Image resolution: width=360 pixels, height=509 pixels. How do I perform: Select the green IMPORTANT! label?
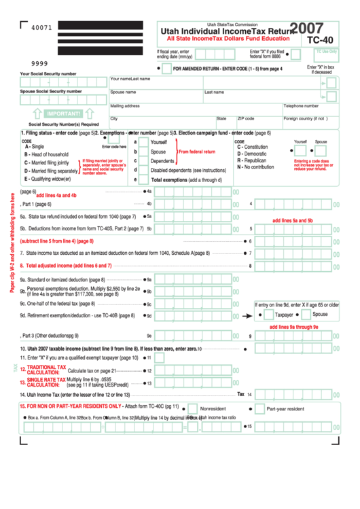click(63, 113)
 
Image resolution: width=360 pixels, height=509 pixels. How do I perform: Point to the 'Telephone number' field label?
click(301, 106)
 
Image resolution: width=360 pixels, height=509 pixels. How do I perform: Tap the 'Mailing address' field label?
click(125, 106)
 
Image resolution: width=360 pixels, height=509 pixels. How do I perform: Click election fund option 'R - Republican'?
click(251, 160)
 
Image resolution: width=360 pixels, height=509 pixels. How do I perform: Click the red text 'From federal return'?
click(197, 152)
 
